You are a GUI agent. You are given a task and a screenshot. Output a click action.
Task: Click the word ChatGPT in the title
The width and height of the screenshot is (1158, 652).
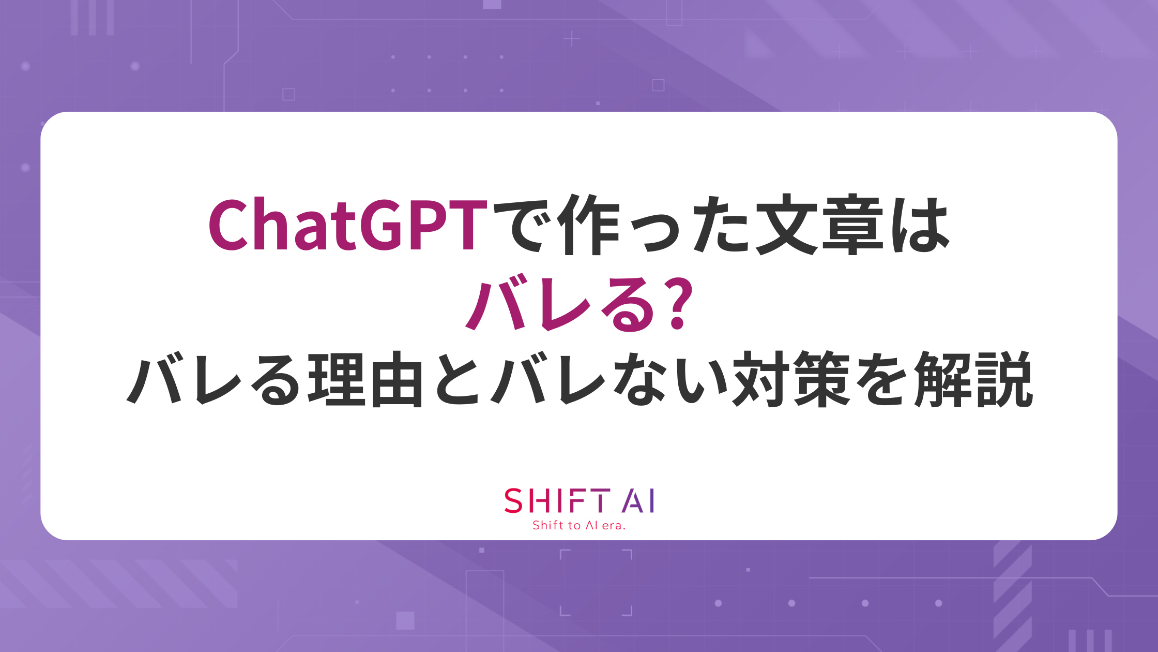[x=348, y=225]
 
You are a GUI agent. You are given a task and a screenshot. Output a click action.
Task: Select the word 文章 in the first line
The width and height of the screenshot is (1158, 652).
[x=819, y=225]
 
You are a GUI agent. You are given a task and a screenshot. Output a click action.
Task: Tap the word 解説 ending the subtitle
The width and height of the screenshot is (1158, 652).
[x=973, y=379]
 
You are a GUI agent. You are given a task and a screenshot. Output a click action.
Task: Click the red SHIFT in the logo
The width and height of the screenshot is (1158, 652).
[x=557, y=500]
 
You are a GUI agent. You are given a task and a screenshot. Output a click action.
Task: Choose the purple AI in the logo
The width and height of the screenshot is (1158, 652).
[x=638, y=500]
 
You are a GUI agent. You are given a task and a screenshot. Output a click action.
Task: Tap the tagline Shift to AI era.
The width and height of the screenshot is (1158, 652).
[x=579, y=525]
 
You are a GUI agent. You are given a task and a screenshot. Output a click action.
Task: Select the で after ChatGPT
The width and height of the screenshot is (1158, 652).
[x=525, y=225]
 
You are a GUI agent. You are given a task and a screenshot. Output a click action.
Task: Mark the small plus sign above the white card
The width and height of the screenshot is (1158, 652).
[x=572, y=39]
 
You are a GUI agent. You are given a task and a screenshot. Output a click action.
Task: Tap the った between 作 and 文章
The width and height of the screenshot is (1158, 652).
[x=688, y=228]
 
